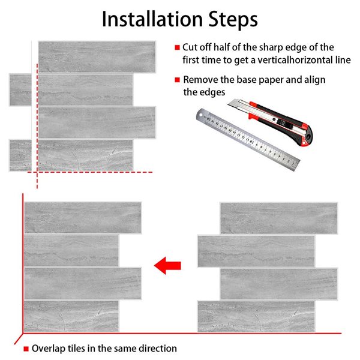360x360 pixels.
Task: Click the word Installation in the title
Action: click(x=152, y=19)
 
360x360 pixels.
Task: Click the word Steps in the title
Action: click(x=233, y=20)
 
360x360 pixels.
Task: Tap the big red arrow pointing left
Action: click(x=167, y=266)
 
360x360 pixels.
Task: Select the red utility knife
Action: click(x=271, y=122)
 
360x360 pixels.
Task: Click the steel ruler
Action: click(x=247, y=139)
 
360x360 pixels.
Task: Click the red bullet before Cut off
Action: click(x=177, y=47)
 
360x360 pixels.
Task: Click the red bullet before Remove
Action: click(x=177, y=80)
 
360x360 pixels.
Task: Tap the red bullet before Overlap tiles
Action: click(x=26, y=349)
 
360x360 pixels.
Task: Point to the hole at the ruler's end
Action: click(x=201, y=114)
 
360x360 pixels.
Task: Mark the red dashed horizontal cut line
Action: click(x=90, y=172)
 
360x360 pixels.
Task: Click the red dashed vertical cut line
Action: click(x=37, y=126)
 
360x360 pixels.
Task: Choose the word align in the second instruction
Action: click(x=315, y=80)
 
